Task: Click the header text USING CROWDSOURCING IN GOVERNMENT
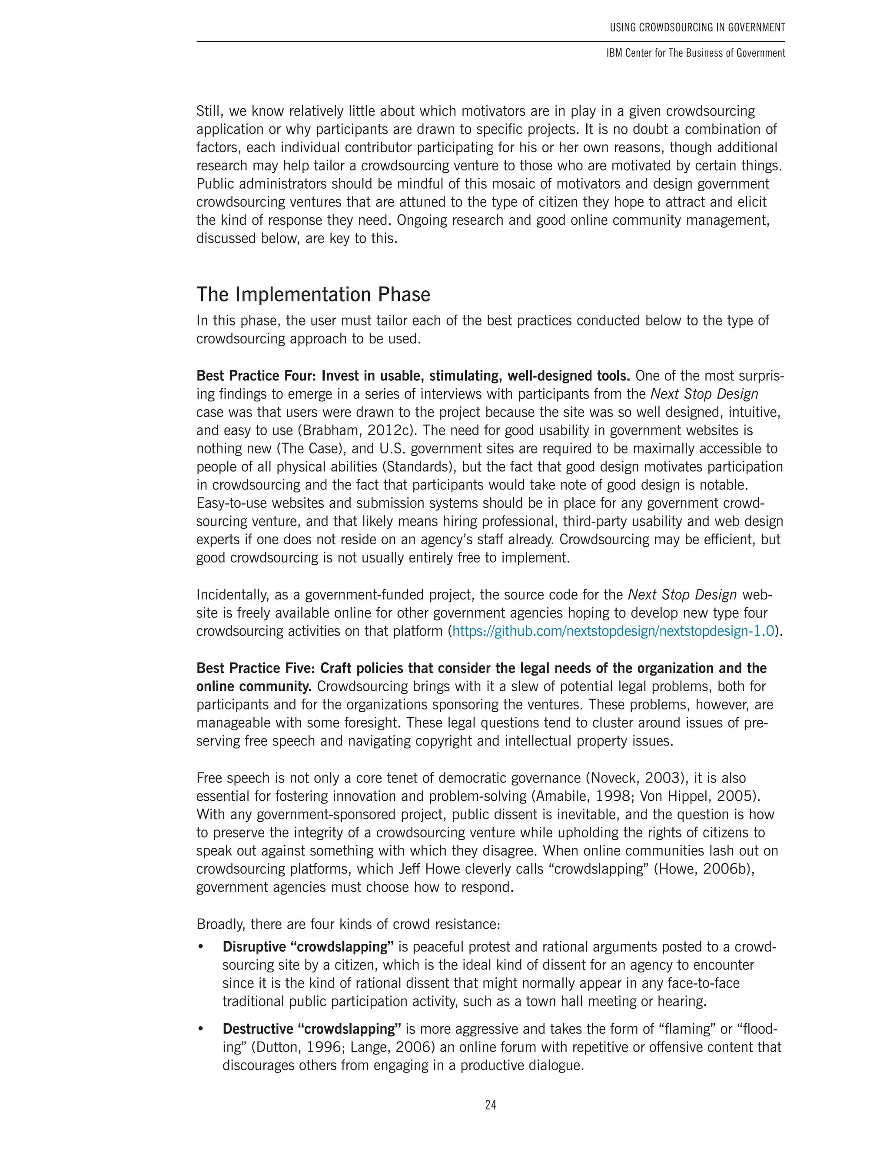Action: pos(697,27)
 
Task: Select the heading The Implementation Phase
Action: pos(313,294)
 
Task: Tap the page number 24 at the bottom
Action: pos(490,1105)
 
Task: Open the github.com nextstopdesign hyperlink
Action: pos(613,631)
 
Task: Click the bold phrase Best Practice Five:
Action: pos(256,668)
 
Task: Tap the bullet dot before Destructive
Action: pos(200,1029)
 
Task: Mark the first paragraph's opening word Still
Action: pos(210,111)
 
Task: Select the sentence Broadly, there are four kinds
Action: pos(348,924)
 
